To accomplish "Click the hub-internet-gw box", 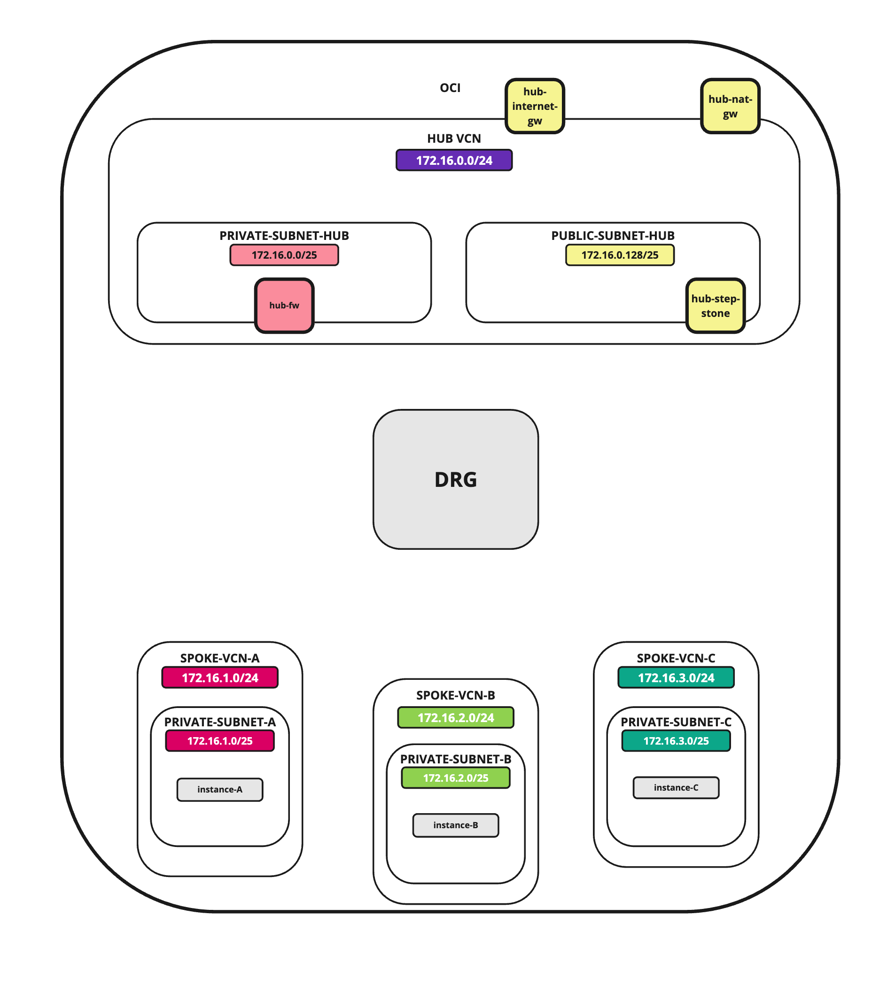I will click(x=535, y=106).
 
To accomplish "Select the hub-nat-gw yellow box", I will click(x=730, y=106).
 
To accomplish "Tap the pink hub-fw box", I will click(x=284, y=305).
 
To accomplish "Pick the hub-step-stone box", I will click(x=715, y=306).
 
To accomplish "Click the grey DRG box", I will click(x=456, y=479).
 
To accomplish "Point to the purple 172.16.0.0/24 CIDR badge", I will click(x=454, y=160).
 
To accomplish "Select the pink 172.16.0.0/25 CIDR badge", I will click(x=284, y=255).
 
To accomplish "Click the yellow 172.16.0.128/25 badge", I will click(x=620, y=255).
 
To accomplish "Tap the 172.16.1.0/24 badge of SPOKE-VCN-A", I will click(x=220, y=677).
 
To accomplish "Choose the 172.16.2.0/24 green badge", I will click(x=456, y=718).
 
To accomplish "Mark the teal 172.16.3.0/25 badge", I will click(x=676, y=741).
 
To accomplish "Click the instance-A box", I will click(x=220, y=790).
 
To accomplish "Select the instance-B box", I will click(x=456, y=825).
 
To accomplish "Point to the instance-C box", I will click(x=676, y=788).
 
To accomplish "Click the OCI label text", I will click(x=450, y=88).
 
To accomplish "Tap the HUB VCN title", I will click(x=454, y=139).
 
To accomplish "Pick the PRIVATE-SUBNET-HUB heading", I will click(x=284, y=236).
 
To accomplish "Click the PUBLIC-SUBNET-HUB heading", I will click(x=613, y=236).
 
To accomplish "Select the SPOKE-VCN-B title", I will click(x=456, y=695).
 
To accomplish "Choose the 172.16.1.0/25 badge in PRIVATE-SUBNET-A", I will click(x=220, y=741).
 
